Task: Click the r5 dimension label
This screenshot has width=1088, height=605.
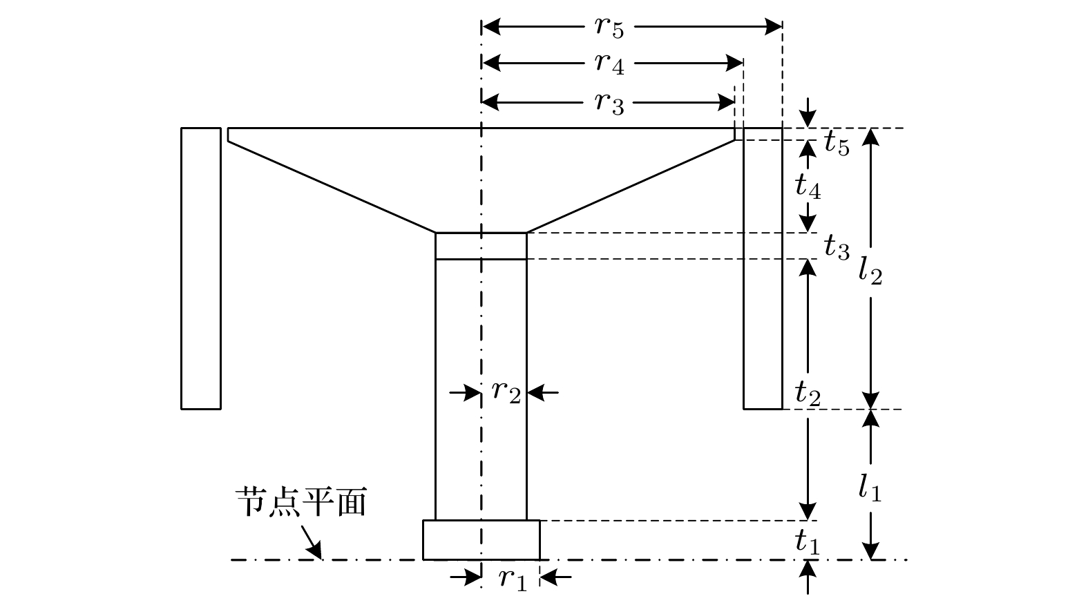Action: click(x=609, y=28)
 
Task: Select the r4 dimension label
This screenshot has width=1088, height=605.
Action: click(x=609, y=65)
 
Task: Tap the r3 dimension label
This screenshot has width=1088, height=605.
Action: click(x=609, y=104)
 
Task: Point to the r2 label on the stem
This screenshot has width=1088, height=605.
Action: click(x=506, y=392)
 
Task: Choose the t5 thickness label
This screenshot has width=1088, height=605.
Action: click(x=837, y=144)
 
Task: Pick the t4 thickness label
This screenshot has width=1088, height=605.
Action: click(x=808, y=186)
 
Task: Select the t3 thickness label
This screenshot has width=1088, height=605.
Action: click(x=837, y=246)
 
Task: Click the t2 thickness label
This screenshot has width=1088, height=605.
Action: click(x=808, y=393)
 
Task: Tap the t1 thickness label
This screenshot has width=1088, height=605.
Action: click(x=807, y=542)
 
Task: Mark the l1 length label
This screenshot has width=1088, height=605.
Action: click(x=870, y=486)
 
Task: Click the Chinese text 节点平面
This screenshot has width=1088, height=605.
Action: click(x=300, y=503)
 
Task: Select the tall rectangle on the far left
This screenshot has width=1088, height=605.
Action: click(x=201, y=268)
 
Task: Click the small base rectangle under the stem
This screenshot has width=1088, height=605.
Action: click(x=481, y=540)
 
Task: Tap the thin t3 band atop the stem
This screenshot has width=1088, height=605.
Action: click(x=481, y=247)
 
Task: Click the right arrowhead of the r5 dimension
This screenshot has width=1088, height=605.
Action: click(x=775, y=28)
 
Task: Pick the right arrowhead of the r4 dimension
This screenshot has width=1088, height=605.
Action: click(x=736, y=64)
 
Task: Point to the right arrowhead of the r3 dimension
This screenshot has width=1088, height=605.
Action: click(x=727, y=104)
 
